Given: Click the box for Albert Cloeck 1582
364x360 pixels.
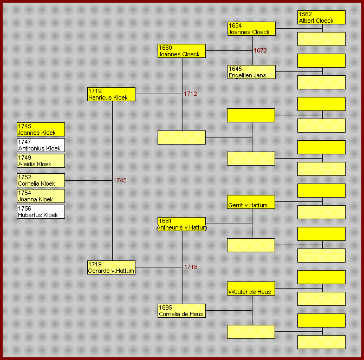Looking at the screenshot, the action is [321, 17].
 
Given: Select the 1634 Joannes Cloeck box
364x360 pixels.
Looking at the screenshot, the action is [251, 29].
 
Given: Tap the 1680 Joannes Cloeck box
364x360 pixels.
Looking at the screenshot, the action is [181, 51].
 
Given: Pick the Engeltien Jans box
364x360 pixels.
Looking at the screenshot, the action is [251, 72].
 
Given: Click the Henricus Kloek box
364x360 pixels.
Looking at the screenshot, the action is [111, 94].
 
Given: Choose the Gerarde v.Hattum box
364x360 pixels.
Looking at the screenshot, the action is [111, 267].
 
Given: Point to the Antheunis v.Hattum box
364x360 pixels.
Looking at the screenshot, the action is [181, 224].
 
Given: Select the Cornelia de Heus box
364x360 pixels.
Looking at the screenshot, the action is [181, 311].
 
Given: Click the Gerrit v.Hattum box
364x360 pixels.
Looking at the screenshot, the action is [251, 202].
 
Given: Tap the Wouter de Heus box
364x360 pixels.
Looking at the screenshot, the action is [251, 289].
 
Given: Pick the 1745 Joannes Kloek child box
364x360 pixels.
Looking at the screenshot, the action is [41, 129].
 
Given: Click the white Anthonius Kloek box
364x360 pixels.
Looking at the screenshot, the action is [41, 145].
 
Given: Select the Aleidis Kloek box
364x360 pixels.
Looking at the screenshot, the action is [41, 161].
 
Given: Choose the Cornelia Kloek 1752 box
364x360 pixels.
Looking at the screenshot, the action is [41, 180].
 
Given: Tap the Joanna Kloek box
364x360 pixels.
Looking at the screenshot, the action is [41, 196].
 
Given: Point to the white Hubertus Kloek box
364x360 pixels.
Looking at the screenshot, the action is [41, 212].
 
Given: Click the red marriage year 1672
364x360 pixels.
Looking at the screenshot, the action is [260, 50].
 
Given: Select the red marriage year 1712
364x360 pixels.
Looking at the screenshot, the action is [190, 94].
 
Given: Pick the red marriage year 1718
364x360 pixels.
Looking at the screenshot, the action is [191, 267].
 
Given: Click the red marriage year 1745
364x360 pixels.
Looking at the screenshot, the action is [120, 180].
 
